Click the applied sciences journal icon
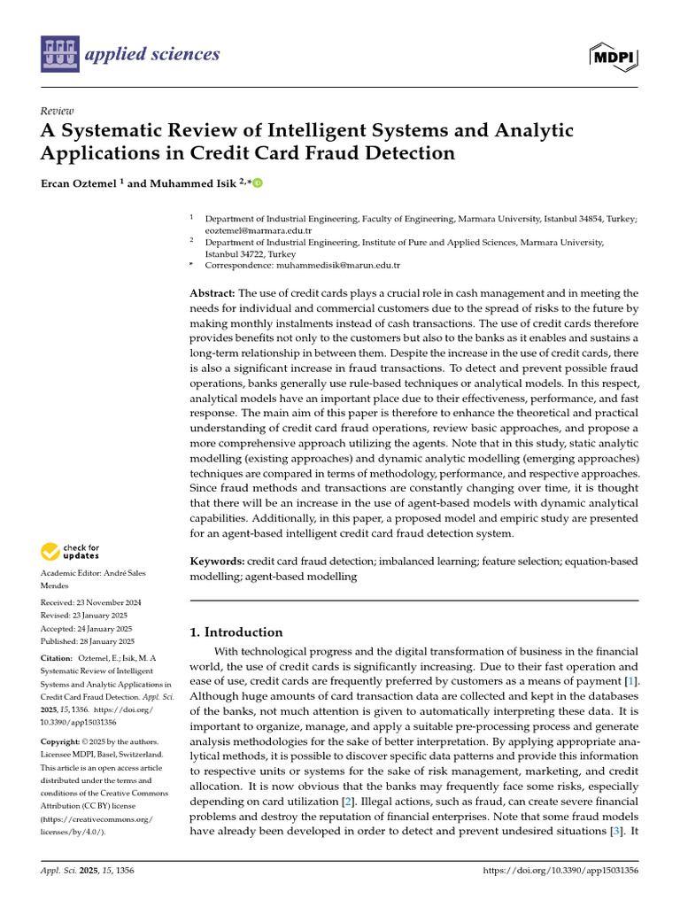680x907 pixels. [60, 55]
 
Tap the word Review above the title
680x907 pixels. [57, 111]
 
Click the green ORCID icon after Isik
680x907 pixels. [258, 183]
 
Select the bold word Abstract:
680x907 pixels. [213, 293]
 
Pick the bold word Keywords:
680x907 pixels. [218, 562]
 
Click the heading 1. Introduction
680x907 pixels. [237, 632]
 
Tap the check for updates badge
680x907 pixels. [71, 553]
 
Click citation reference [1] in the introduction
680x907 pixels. [630, 680]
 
